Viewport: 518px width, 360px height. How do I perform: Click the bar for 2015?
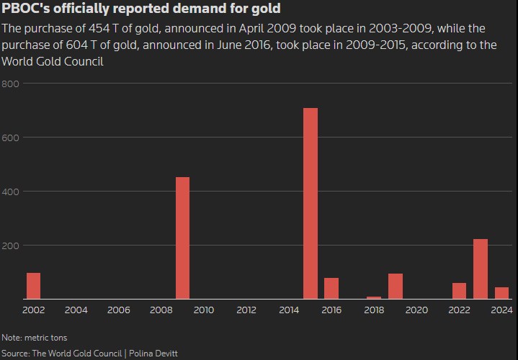[x=311, y=203]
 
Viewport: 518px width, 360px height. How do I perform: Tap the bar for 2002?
[x=33, y=285]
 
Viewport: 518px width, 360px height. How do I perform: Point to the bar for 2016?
[x=331, y=288]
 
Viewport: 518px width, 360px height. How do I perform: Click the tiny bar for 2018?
[x=374, y=297]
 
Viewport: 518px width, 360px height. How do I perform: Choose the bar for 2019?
[x=396, y=286]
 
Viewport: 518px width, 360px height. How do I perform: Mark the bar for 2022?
[x=459, y=291]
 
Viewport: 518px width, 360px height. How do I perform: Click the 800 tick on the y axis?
[x=10, y=84]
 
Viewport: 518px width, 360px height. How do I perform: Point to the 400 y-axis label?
[x=10, y=192]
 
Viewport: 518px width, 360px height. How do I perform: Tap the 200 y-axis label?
[x=10, y=246]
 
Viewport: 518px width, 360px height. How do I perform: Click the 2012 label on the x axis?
[x=246, y=310]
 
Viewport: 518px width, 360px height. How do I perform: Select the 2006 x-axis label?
[x=119, y=310]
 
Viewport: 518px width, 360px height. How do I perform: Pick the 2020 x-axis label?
[x=416, y=310]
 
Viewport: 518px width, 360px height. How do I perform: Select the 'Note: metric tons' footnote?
[x=35, y=337]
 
